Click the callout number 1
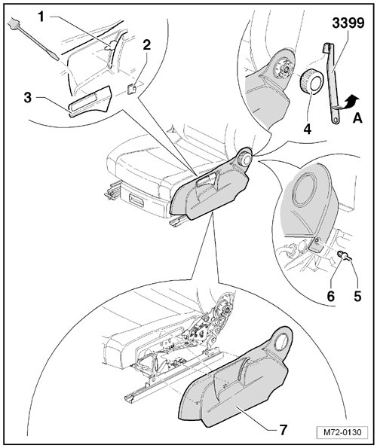(41, 17)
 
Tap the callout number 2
(146, 45)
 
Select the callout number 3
(27, 98)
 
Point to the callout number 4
(307, 129)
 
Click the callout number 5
(357, 297)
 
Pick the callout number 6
(331, 297)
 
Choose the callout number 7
(283, 429)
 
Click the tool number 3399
(348, 23)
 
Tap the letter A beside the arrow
(357, 117)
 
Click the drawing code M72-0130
(342, 432)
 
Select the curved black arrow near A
(351, 101)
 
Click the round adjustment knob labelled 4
(311, 81)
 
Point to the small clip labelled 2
(132, 89)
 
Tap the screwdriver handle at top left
(13, 23)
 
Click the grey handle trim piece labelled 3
(90, 101)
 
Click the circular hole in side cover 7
(281, 341)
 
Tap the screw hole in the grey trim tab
(317, 241)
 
